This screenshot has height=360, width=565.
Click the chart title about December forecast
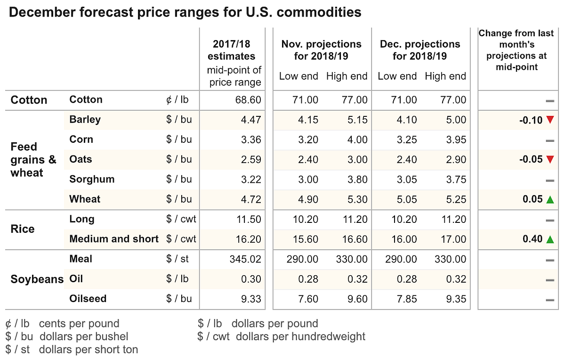(x=185, y=12)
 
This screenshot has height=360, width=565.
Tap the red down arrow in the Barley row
(x=549, y=120)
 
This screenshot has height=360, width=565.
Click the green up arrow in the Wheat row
(x=549, y=199)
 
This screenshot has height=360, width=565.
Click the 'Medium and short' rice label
(x=114, y=239)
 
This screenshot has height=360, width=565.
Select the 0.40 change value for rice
(x=533, y=239)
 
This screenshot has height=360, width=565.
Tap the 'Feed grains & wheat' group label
(x=33, y=160)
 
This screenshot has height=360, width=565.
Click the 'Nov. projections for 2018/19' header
(x=321, y=50)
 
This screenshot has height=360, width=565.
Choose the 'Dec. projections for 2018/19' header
(x=420, y=50)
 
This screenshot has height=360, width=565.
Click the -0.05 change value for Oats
(x=531, y=159)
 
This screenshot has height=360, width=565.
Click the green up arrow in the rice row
(x=549, y=239)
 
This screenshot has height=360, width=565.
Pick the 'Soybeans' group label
(x=37, y=279)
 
